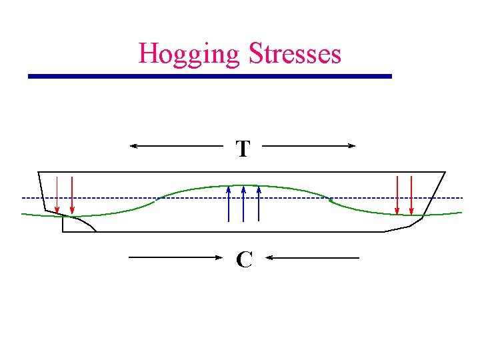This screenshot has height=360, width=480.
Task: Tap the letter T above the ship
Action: [x=243, y=149]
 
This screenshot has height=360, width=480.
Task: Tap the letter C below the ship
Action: [x=244, y=259]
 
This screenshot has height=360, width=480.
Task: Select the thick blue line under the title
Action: [x=209, y=77]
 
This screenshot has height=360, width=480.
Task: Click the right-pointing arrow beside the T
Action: [x=310, y=145]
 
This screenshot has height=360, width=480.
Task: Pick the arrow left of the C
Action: [x=175, y=257]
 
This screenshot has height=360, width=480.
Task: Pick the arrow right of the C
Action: [x=313, y=257]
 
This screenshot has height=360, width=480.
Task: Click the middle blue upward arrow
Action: [x=243, y=203]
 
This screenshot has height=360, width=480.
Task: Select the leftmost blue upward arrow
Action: [x=229, y=203]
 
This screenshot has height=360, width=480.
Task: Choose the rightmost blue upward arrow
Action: [x=258, y=203]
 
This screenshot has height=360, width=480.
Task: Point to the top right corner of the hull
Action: [x=445, y=172]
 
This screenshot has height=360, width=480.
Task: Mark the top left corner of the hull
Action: [x=38, y=172]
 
